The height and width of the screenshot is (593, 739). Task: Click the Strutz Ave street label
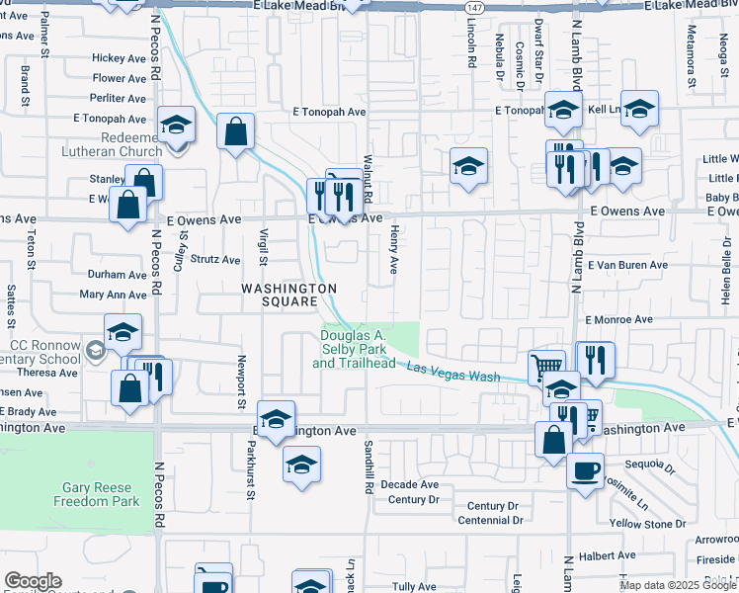215,260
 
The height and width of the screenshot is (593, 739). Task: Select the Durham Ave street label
117,275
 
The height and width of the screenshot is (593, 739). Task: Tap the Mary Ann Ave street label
113,295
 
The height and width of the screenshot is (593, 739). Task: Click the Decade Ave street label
409,484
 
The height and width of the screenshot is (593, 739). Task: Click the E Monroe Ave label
618,320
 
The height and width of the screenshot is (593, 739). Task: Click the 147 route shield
474,6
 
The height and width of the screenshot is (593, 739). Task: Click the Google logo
33,582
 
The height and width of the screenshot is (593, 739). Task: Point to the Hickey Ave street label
119,58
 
